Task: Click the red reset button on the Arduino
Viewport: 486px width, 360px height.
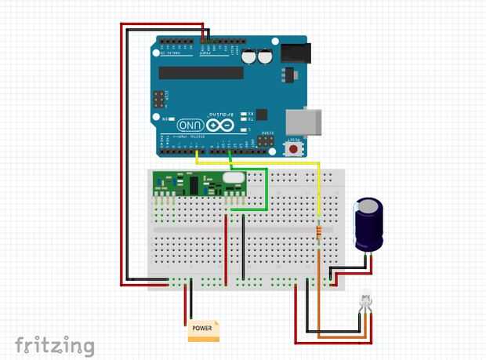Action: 295,147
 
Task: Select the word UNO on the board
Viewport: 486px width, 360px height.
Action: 190,125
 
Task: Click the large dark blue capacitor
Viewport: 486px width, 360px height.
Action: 368,224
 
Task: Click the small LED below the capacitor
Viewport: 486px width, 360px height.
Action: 365,301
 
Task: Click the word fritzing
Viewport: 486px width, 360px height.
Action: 55,345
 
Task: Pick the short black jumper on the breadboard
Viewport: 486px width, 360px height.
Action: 244,247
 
